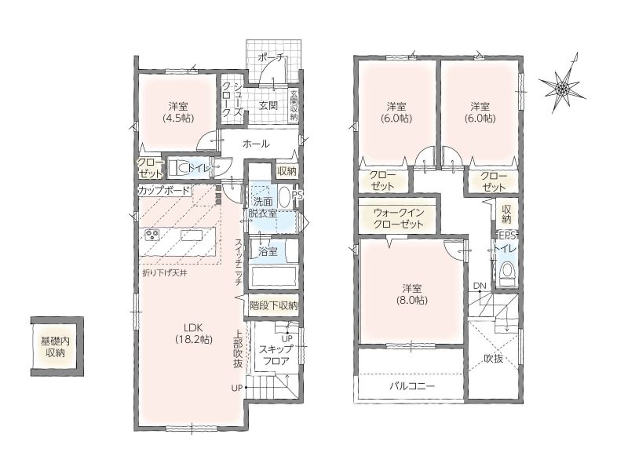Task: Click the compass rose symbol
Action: click(562, 86)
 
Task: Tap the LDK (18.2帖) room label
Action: click(193, 334)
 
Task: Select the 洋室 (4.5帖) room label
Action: click(178, 112)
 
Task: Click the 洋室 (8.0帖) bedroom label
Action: click(411, 294)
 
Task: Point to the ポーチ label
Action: click(271, 57)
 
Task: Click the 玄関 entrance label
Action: click(268, 105)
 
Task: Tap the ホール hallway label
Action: click(256, 144)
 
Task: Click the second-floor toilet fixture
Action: click(507, 272)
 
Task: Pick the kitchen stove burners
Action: click(152, 235)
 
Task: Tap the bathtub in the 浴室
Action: click(273, 276)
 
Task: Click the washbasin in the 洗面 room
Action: click(283, 197)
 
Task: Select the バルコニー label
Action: click(412, 386)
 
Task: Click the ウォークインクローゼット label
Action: click(398, 218)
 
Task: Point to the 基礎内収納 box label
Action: click(55, 347)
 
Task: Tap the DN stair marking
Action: click(480, 286)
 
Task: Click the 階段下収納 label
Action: click(273, 305)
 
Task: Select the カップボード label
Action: click(163, 190)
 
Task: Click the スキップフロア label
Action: click(276, 355)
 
